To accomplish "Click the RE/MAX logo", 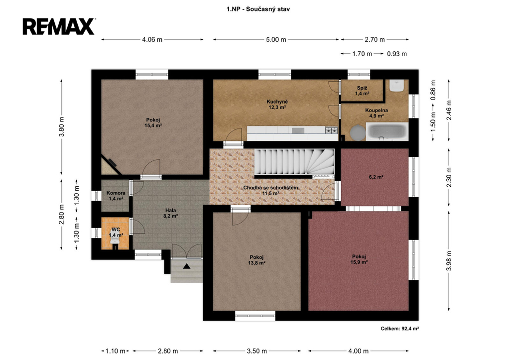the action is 59,26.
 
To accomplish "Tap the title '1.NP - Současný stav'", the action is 258,9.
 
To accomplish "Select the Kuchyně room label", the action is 277,105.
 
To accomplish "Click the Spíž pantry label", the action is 362,91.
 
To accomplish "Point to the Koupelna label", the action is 377,113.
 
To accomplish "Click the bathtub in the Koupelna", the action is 387,131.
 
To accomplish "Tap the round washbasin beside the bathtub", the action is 358,132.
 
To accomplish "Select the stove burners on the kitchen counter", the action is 331,130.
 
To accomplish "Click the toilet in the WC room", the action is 115,240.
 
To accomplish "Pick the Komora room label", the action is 116,196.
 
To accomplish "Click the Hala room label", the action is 170,213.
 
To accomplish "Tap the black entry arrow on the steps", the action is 186,266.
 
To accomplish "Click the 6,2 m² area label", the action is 376,177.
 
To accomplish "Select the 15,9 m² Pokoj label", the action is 359,259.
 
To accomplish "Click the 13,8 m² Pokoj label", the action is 256,260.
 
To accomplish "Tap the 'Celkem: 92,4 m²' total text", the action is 400,329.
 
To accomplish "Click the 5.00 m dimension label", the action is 276,40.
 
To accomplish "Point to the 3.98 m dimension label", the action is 449,261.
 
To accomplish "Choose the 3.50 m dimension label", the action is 256,351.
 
